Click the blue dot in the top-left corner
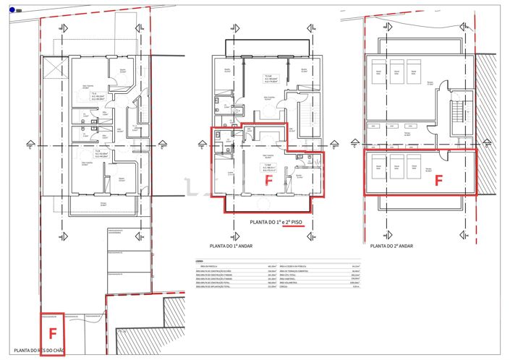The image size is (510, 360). (x=12, y=9)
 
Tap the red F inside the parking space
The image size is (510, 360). (x=52, y=333)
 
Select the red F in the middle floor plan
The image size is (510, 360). (x=268, y=181)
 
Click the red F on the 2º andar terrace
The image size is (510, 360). (x=438, y=181)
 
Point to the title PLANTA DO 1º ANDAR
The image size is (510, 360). (x=234, y=246)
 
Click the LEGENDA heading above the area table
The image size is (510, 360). (x=199, y=261)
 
